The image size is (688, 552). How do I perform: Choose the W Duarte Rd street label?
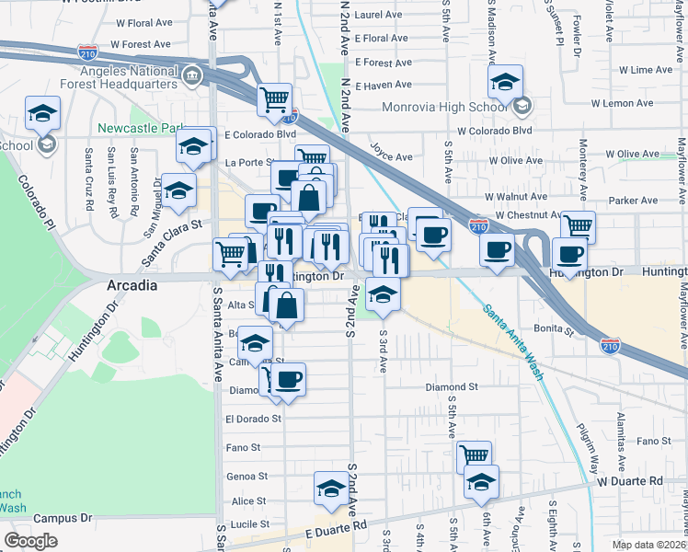pyautogui.click(x=629, y=481)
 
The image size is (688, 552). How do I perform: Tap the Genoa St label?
pyautogui.click(x=247, y=477)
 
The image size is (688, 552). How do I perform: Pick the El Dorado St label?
pyautogui.click(x=253, y=419)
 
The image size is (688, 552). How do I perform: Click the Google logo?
pyautogui.click(x=31, y=540)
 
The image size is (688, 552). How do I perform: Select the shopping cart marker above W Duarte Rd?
pyautogui.click(x=474, y=455)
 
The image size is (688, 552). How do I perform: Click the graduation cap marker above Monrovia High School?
pyautogui.click(x=504, y=83)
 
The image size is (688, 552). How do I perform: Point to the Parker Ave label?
pyautogui.click(x=634, y=200)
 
